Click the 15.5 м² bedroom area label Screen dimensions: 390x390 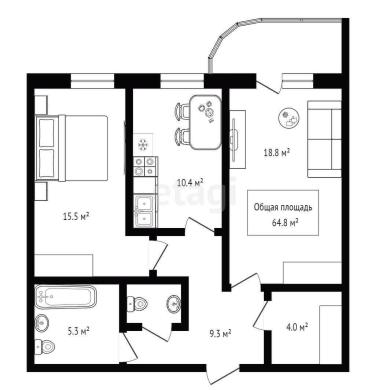tap(76, 217)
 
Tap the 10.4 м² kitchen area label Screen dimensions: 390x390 tap(190, 183)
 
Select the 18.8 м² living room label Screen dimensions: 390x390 tap(276, 153)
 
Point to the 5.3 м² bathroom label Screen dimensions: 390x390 tap(78, 331)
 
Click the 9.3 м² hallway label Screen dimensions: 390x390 tap(220, 333)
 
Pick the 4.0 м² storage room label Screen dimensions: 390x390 tap(297, 327)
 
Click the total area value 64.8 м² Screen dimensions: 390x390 tap(285, 222)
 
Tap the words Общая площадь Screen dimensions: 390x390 tap(283, 207)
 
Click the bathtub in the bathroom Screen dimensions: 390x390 tap(66, 296)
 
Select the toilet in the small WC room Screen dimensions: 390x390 tap(137, 303)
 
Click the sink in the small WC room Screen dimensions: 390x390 tap(173, 303)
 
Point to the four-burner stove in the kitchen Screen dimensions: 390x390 tap(145, 166)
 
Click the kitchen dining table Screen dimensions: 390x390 tap(206, 122)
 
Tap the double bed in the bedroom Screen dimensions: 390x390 tap(72, 148)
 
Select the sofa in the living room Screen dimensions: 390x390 tap(324, 139)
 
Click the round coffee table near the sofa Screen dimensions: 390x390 tap(290, 118)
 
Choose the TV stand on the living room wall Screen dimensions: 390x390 tap(238, 139)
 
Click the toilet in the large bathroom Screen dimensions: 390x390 tap(45, 347)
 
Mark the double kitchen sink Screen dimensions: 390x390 tap(144, 211)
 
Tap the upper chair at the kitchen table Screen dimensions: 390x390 tap(182, 111)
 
